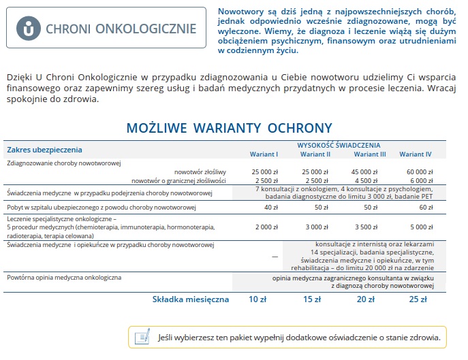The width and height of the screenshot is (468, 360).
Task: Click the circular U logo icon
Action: click(x=28, y=29)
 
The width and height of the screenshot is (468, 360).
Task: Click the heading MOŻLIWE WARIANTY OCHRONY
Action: click(x=229, y=128)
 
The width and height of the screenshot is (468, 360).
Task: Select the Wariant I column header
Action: click(x=264, y=154)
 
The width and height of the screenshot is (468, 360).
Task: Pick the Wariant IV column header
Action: click(x=416, y=154)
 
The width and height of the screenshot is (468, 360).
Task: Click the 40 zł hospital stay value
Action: click(x=270, y=207)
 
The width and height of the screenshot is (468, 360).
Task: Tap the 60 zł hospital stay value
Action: click(x=426, y=207)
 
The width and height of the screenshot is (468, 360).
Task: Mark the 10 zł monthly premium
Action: click(x=258, y=299)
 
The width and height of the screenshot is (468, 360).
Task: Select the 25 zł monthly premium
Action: click(x=418, y=299)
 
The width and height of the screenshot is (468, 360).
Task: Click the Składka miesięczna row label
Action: click(x=191, y=299)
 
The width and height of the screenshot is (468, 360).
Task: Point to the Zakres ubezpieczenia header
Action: click(x=44, y=149)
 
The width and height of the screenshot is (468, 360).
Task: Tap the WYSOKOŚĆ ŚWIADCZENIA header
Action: click(x=339, y=145)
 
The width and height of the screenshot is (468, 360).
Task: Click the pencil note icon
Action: click(x=142, y=336)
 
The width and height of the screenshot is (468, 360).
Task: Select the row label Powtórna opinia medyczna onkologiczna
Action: click(x=64, y=278)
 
